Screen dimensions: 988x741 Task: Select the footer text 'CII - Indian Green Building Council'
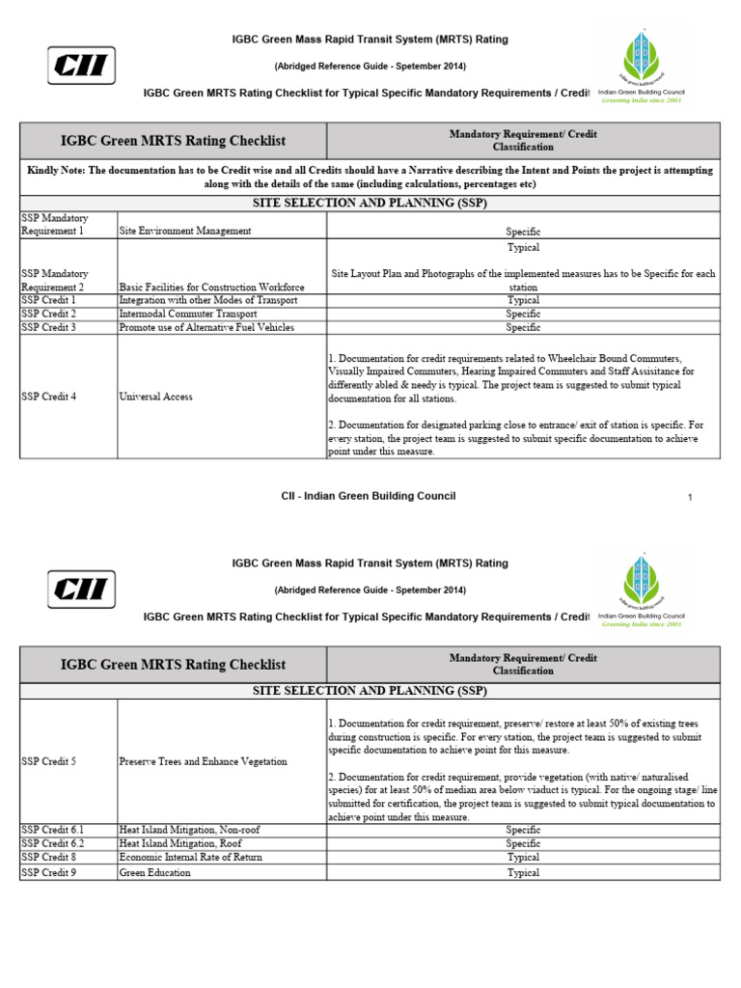(369, 496)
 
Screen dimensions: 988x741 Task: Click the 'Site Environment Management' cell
(185, 232)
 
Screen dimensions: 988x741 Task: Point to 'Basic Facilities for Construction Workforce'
(211, 288)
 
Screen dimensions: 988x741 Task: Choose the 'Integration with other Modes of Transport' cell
(207, 301)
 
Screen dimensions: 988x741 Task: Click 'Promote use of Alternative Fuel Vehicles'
(206, 328)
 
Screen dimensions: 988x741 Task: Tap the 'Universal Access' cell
(155, 397)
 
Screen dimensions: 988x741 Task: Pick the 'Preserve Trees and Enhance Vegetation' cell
(203, 762)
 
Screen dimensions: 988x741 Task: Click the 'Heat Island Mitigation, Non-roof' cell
(189, 830)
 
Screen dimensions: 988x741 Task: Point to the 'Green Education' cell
(154, 873)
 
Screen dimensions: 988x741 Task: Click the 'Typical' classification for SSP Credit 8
(523, 858)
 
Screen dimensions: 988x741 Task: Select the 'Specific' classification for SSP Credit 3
(523, 328)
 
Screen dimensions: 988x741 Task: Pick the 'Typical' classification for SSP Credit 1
(523, 301)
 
